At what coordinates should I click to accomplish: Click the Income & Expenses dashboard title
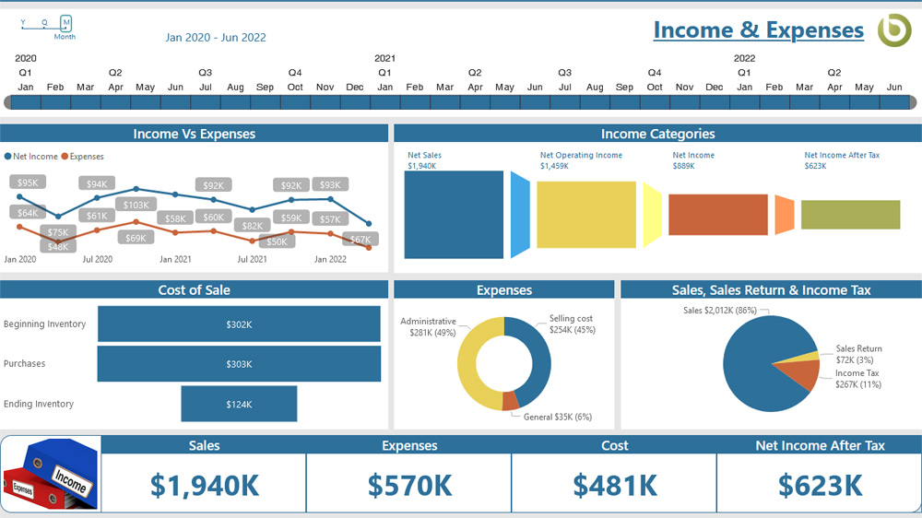point(758,30)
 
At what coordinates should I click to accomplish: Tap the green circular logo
point(893,30)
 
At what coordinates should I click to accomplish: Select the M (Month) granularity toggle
point(65,22)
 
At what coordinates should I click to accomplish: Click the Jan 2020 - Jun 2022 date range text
point(216,38)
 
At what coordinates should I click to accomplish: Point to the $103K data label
point(136,205)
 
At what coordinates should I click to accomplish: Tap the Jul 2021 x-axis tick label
point(252,260)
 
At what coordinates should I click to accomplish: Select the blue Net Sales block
point(455,215)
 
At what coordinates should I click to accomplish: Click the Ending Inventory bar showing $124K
point(239,404)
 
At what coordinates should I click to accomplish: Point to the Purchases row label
point(25,364)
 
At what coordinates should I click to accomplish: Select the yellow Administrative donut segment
point(472,369)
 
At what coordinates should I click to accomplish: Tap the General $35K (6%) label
point(557,417)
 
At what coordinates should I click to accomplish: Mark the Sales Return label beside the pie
point(858,348)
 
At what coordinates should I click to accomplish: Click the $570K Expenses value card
point(409,485)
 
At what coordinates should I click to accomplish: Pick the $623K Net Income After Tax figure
point(820,485)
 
